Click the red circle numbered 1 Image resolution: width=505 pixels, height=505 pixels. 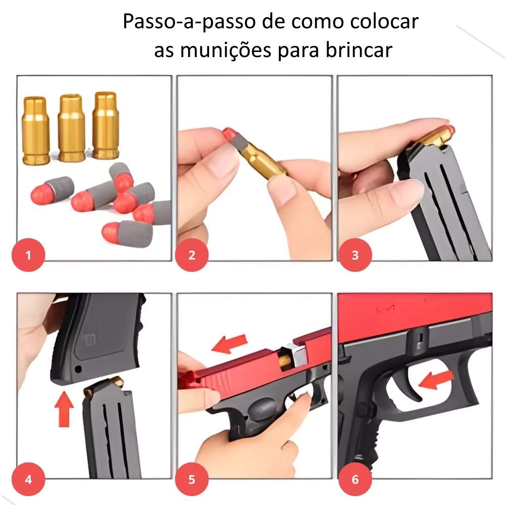28,255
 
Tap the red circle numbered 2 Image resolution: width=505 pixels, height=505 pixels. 192,255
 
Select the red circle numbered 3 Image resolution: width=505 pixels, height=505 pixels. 355,255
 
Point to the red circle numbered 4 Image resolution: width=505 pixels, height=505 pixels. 28,479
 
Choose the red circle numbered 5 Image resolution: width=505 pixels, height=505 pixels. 192,479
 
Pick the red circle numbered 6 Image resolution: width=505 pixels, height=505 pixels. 355,479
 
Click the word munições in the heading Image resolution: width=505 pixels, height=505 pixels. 225,50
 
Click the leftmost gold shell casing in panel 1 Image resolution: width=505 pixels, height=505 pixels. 35,130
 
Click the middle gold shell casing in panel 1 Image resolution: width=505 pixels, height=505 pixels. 71,128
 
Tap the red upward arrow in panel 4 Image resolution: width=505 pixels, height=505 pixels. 64,409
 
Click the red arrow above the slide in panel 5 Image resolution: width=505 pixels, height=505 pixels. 230,343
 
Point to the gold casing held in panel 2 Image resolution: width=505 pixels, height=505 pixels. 263,162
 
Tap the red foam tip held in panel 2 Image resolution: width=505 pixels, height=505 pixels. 229,133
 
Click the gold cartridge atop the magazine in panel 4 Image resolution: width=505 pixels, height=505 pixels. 104,385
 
